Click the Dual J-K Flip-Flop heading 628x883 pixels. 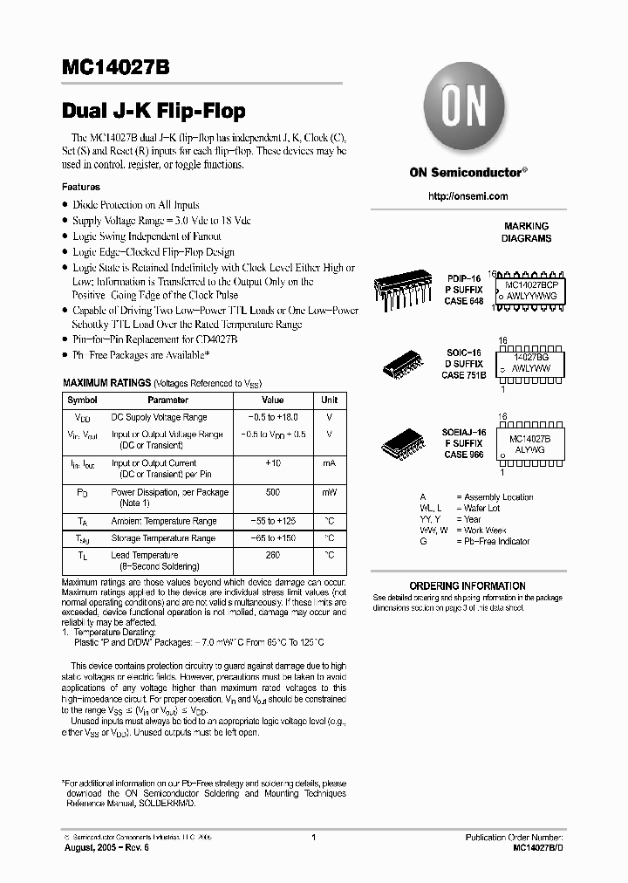click(154, 111)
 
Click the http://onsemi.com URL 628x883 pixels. click(468, 196)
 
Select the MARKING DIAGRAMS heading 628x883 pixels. click(526, 232)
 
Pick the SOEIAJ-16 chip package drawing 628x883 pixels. click(407, 444)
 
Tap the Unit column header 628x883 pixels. click(329, 400)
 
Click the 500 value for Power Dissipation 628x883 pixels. click(272, 493)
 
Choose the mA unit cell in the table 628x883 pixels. click(329, 463)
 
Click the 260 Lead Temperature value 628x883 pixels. click(272, 555)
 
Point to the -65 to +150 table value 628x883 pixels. click(272, 538)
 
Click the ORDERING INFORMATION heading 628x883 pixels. click(468, 585)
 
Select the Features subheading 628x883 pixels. click(81, 187)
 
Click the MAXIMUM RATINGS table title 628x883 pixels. click(106, 383)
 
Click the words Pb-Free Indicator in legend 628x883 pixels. click(500, 541)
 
